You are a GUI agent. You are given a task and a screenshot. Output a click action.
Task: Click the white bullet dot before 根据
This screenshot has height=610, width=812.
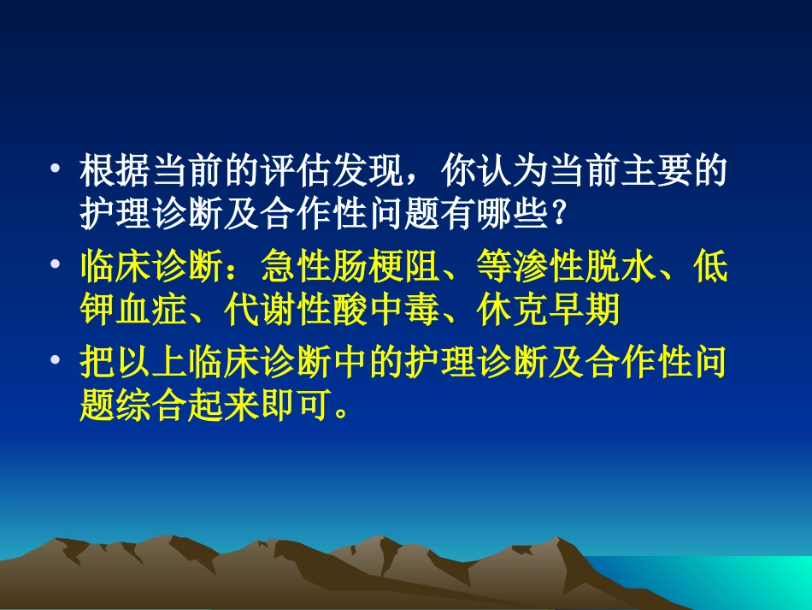tap(57, 169)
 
